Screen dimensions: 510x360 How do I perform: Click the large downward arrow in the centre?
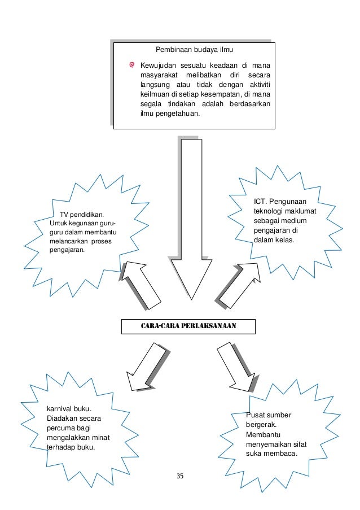click(x=192, y=220)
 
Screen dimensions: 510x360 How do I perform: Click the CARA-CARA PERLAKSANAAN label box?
click(x=188, y=326)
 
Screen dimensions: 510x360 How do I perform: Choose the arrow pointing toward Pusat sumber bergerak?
click(x=236, y=367)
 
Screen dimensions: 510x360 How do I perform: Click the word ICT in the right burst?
click(x=260, y=202)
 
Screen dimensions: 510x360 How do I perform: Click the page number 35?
click(x=180, y=476)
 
